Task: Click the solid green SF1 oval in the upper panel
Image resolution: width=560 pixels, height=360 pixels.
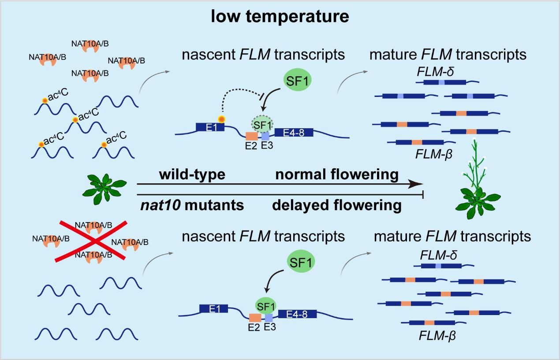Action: (297, 81)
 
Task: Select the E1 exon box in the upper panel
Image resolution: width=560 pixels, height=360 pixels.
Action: (210, 127)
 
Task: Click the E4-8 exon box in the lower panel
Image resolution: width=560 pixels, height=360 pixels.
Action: (298, 314)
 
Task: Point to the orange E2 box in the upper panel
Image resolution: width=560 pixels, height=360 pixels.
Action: (251, 136)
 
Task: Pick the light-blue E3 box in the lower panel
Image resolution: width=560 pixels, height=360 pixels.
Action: (269, 317)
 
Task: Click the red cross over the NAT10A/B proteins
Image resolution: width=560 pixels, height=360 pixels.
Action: (91, 241)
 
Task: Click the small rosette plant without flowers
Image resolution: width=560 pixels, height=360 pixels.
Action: (105, 189)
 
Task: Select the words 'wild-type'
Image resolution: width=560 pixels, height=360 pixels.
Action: (192, 174)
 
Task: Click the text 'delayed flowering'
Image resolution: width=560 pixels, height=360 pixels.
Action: (336, 205)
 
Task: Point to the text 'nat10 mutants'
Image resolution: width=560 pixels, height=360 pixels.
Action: (190, 205)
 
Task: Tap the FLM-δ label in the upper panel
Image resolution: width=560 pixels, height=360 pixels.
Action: (435, 71)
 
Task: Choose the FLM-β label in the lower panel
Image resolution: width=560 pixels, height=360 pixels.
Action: (436, 336)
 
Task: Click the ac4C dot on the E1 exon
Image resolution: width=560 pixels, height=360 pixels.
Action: (221, 119)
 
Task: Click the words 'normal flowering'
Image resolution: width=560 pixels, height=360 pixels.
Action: (337, 174)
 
